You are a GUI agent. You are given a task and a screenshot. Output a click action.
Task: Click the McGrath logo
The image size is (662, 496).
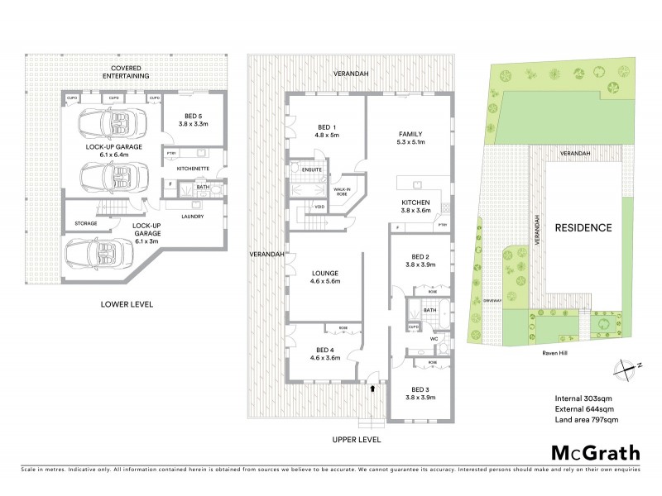coord(592,452)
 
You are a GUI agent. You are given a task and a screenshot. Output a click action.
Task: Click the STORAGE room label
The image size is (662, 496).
coord(85,223)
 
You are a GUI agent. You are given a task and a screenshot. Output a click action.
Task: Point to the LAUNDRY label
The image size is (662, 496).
coord(191,217)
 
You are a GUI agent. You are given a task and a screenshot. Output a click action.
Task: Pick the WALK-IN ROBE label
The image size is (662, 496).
coord(342,192)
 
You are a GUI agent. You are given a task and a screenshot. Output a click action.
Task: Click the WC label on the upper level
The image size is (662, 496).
coord(431,338)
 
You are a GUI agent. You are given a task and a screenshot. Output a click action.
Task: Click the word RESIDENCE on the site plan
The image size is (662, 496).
coord(583,227)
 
